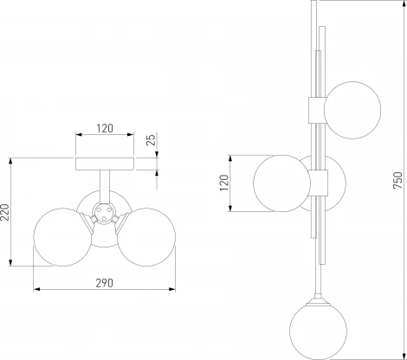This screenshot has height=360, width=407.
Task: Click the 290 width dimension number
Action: coord(104,283)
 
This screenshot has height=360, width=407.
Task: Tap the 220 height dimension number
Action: coord(5,212)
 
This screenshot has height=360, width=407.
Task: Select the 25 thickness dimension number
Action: coord(151,139)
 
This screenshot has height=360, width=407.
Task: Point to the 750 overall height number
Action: coord(397,180)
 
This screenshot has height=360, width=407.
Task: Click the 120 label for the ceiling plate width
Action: coord(105,128)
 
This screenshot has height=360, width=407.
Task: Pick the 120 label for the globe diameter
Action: coord(224,183)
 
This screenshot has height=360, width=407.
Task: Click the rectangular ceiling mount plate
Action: coord(105,164)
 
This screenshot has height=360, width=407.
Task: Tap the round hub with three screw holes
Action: coord(104,213)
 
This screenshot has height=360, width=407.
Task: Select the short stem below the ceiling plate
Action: coord(104,187)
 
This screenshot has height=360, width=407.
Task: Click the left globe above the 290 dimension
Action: coord(62,237)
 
